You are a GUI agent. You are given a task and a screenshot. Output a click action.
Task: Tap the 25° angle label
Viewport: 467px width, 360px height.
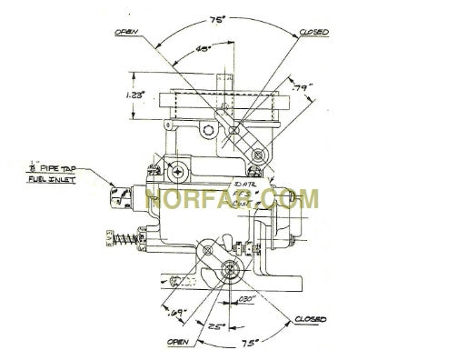215,325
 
